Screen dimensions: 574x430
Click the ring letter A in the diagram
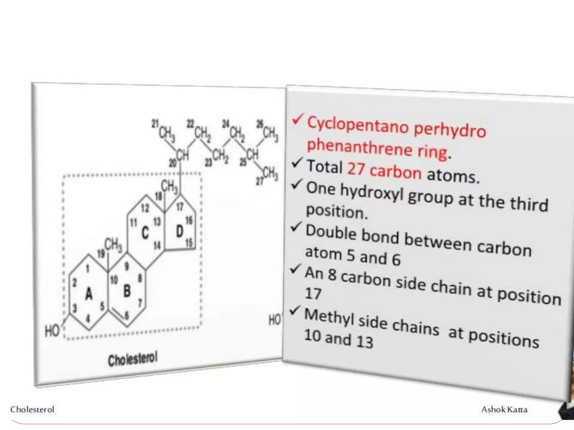(89, 294)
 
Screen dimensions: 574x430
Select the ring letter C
(145, 233)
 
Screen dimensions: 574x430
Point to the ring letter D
(180, 231)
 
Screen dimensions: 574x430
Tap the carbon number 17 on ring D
(180, 207)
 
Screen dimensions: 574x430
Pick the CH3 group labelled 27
(270, 174)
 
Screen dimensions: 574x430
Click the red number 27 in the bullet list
(356, 169)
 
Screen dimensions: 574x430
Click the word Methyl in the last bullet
(329, 317)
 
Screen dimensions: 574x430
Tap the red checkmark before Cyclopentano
(297, 119)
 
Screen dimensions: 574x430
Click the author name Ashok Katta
(504, 409)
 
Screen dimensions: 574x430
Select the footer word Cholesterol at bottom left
(32, 409)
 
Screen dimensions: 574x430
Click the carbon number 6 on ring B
(127, 315)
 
